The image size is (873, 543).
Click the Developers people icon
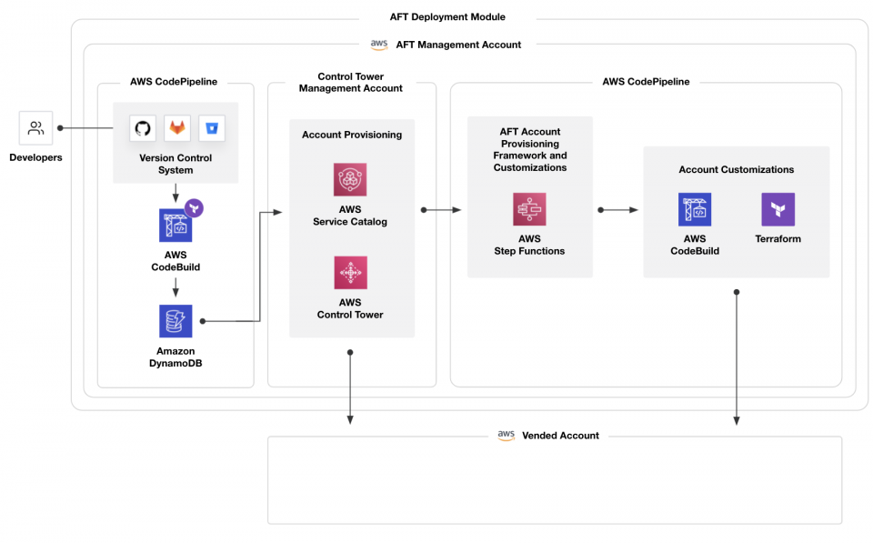[x=35, y=128]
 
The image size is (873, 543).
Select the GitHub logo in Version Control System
[x=143, y=128]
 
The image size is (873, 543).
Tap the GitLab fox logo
[x=176, y=128]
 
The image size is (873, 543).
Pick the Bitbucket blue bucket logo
[x=211, y=128]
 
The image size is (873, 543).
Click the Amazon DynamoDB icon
[x=176, y=321]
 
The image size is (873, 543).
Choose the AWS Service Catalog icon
[x=350, y=180]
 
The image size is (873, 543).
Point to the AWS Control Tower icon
[x=350, y=272]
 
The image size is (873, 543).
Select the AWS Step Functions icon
[x=529, y=209]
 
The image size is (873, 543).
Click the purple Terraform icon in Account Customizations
[x=778, y=209]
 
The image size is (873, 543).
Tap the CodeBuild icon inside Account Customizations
[x=695, y=209]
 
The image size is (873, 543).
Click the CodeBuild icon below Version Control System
[x=176, y=226]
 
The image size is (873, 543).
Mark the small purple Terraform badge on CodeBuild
[x=194, y=208]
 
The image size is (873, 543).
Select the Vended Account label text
[x=560, y=436]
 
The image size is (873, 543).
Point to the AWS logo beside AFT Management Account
[x=379, y=45]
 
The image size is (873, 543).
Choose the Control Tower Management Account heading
[x=350, y=83]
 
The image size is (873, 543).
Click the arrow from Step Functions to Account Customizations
[x=618, y=210]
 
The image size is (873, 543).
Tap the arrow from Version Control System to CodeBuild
[x=176, y=193]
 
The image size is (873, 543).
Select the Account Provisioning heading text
[x=351, y=135]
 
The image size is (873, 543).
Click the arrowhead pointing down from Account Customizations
[x=737, y=419]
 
